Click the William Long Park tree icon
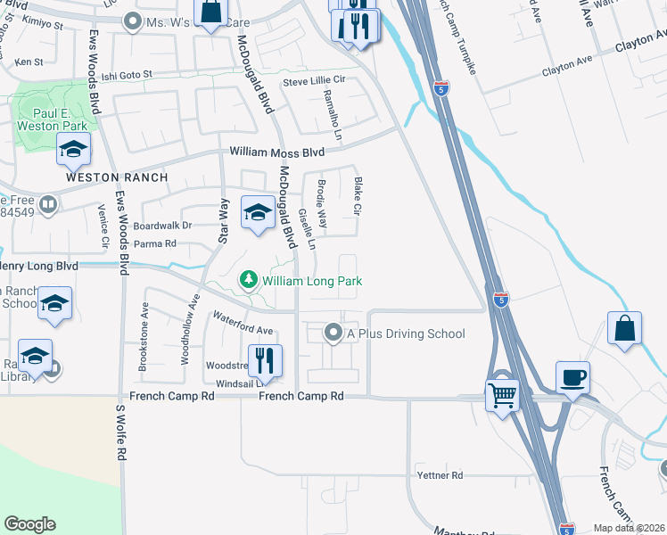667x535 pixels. tap(249, 282)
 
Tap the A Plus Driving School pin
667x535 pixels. tap(334, 333)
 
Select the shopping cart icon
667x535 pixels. tap(503, 393)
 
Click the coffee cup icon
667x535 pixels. tap(572, 375)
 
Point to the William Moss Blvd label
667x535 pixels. tap(276, 153)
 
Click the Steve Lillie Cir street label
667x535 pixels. tap(314, 81)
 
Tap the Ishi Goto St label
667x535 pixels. tap(127, 76)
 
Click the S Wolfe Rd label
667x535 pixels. tap(120, 432)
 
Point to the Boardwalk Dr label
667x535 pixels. tap(162, 226)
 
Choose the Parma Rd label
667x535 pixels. tap(155, 243)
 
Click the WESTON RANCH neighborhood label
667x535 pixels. tap(117, 177)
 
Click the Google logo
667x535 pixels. tap(30, 524)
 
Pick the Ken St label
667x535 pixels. tap(29, 62)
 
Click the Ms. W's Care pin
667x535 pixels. tap(134, 21)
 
